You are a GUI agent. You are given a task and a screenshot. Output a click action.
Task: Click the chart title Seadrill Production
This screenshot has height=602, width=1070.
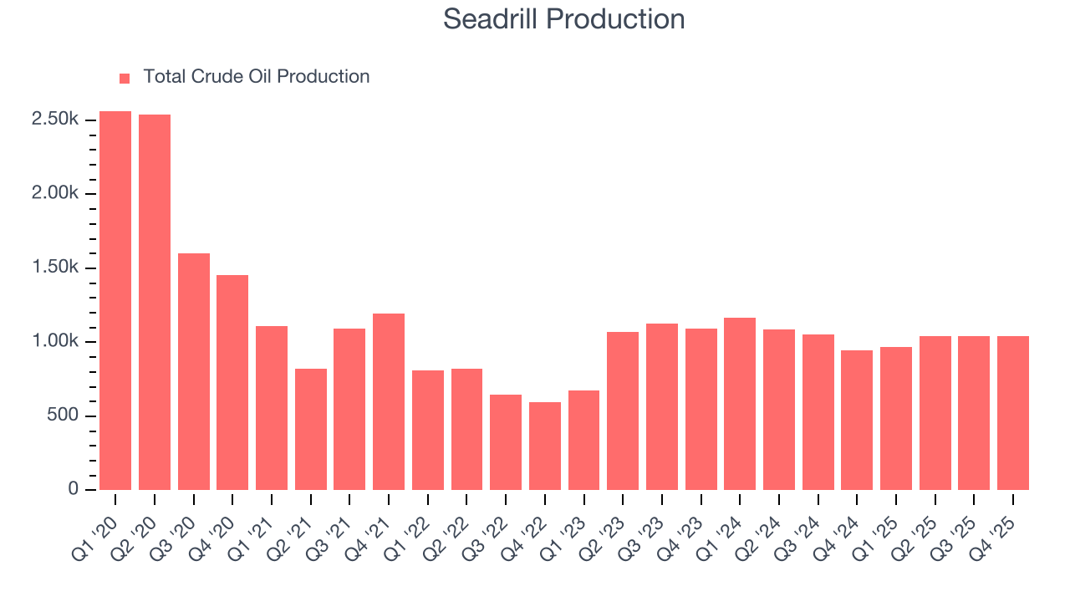pyautogui.click(x=563, y=19)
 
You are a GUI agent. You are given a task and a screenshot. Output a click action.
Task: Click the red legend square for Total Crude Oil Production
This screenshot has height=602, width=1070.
pyautogui.click(x=125, y=78)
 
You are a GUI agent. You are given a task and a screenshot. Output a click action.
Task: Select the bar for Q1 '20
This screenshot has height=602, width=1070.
pyautogui.click(x=115, y=300)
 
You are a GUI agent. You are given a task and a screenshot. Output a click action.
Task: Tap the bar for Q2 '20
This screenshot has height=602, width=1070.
pyautogui.click(x=155, y=302)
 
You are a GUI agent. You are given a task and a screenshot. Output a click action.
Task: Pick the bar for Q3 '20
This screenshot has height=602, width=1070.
pyautogui.click(x=194, y=371)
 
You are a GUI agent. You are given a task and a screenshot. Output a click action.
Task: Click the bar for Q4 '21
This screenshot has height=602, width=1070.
pyautogui.click(x=389, y=401)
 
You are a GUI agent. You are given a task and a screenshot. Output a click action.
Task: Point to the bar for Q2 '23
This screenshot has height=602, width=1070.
pyautogui.click(x=623, y=411)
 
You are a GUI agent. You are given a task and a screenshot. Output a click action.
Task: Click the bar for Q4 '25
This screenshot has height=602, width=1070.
pyautogui.click(x=1013, y=413)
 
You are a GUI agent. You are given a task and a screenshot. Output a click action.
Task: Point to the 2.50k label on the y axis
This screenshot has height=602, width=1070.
pyautogui.click(x=55, y=120)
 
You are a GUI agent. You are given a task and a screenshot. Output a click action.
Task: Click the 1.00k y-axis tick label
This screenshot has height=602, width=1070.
pyautogui.click(x=55, y=342)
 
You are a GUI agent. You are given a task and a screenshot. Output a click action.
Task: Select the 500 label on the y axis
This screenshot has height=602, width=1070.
pyautogui.click(x=64, y=416)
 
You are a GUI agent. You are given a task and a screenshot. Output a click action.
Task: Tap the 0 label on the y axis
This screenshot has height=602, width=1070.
pyautogui.click(x=74, y=490)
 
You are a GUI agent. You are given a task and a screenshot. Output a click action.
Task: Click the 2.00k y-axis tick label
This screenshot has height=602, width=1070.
pyautogui.click(x=55, y=193)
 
